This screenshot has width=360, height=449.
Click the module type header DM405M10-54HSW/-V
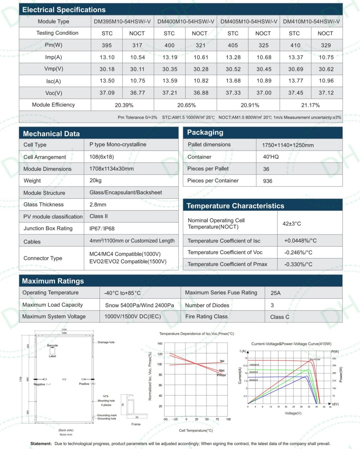[249, 22]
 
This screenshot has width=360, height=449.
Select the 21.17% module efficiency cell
[310, 105]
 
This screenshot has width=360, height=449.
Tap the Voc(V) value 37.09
[107, 93]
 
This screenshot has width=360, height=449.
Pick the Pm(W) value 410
[295, 45]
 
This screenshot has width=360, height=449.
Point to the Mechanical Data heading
[51, 134]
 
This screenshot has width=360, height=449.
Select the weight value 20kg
[95, 180]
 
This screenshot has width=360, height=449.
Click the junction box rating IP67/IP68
[102, 229]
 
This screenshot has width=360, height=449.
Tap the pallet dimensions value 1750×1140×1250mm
[288, 145]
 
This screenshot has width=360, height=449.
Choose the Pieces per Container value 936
[268, 181]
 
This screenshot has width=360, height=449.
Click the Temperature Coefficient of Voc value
[298, 252]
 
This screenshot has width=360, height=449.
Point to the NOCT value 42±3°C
[292, 223]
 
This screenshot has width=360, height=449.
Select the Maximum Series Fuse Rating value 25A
[275, 293]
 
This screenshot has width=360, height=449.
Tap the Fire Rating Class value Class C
[280, 317]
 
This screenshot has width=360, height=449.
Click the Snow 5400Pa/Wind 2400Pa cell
[139, 305]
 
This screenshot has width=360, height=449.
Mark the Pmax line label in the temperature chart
[221, 375]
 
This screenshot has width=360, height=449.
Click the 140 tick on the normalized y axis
[160, 343]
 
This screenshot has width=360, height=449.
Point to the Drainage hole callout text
[106, 342]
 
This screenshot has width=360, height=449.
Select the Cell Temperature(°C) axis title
[196, 430]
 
